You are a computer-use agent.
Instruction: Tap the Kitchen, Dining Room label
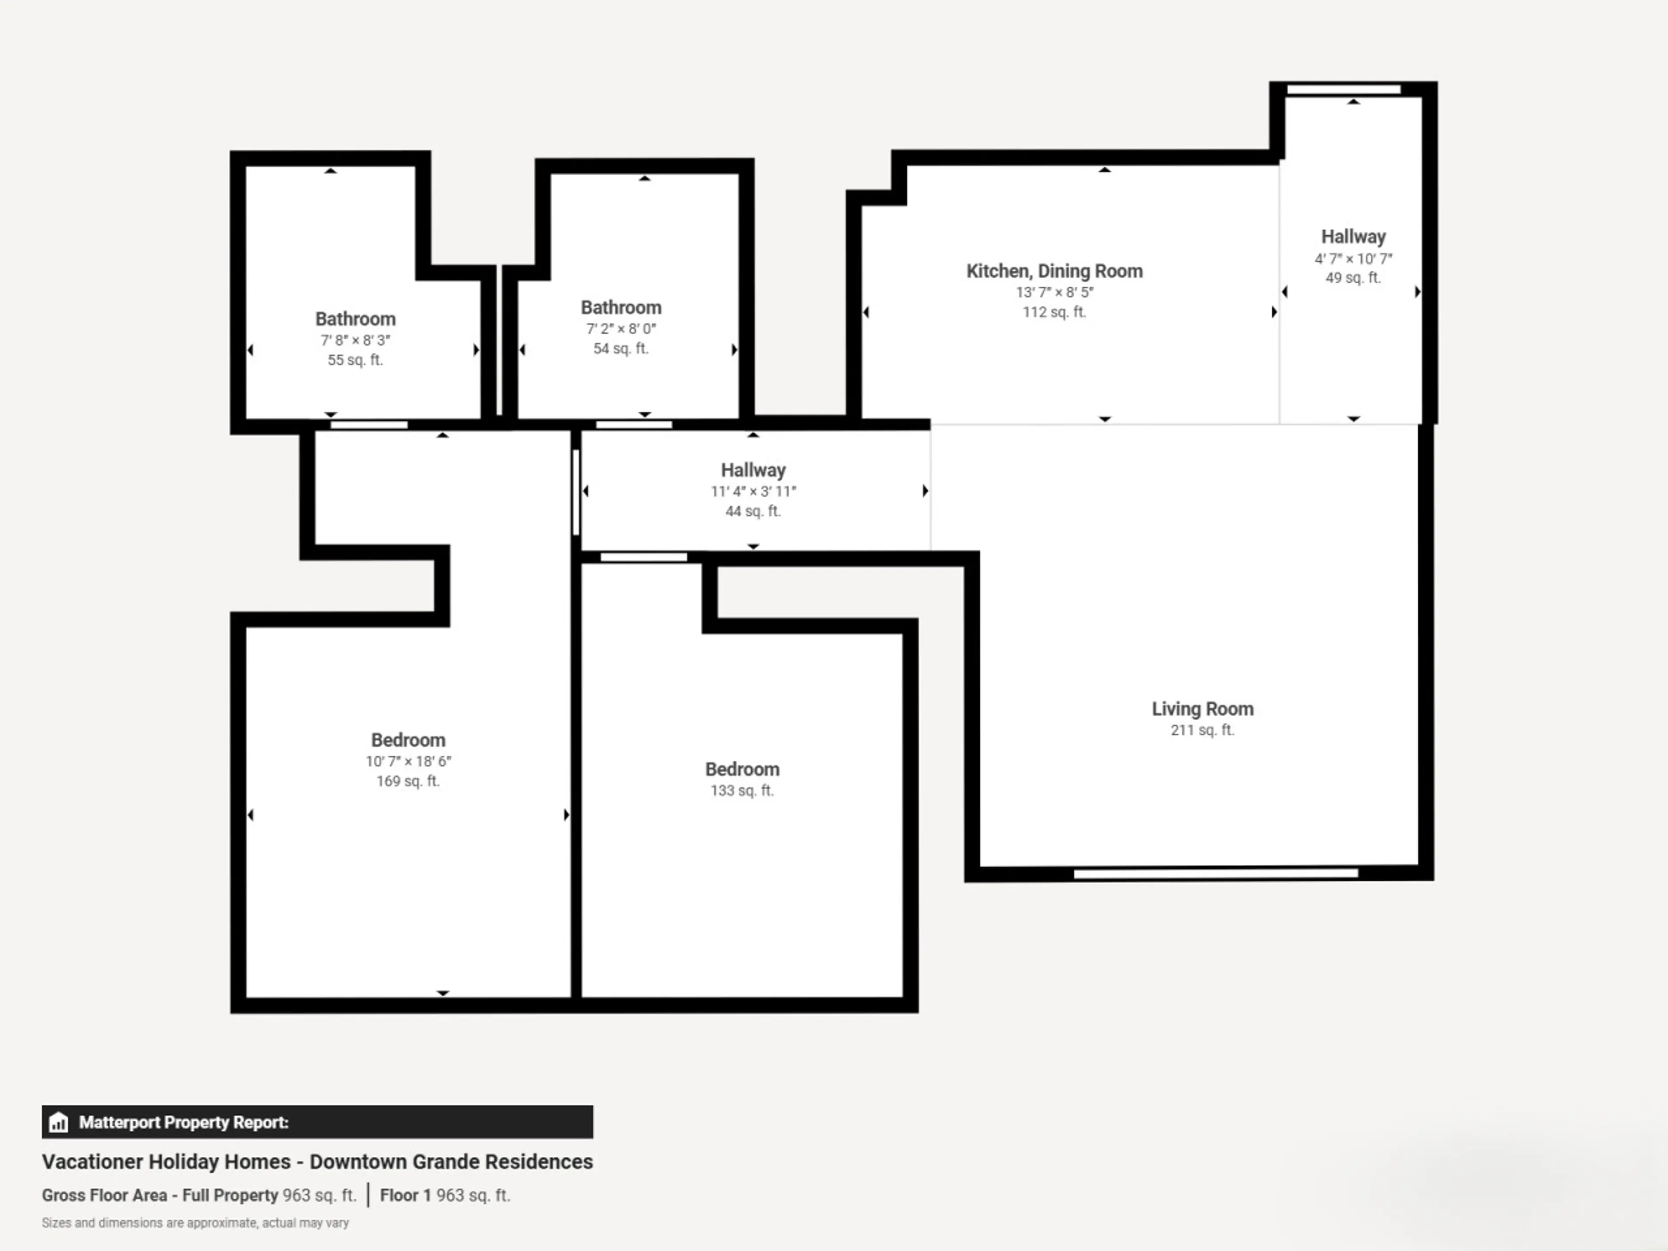tap(1054, 271)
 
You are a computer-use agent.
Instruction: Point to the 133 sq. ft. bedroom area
tap(742, 790)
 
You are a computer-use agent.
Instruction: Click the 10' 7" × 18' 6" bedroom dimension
tap(408, 761)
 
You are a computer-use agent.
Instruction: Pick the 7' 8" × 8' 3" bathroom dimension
tap(355, 340)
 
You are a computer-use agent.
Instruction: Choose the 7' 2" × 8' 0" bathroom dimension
tap(621, 329)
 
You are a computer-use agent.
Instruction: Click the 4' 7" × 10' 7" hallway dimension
tap(1354, 258)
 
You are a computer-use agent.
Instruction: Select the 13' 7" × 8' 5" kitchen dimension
tap(1054, 292)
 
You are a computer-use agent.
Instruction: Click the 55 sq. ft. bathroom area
tap(355, 360)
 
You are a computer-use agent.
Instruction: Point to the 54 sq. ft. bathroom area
tap(621, 348)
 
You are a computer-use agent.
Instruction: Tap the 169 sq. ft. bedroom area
tap(408, 781)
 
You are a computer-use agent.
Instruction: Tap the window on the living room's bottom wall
tap(1215, 873)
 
